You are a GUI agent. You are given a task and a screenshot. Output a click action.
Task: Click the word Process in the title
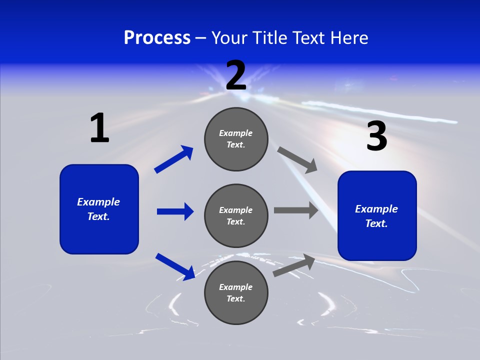click(x=157, y=37)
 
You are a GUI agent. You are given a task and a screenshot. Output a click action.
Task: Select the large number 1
click(x=99, y=128)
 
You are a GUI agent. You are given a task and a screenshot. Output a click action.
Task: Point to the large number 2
click(x=236, y=75)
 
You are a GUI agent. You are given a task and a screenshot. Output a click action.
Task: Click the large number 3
click(x=376, y=136)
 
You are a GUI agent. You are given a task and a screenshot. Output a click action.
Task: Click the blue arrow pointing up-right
click(x=174, y=159)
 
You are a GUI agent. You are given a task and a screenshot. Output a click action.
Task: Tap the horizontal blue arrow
click(x=175, y=211)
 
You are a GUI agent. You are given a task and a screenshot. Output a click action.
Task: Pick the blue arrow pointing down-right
click(x=175, y=266)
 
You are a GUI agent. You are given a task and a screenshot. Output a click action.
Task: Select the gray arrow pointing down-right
click(x=297, y=160)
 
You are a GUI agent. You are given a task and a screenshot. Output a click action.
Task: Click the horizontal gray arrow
click(x=296, y=210)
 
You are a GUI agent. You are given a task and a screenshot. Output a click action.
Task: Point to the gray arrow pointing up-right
click(x=294, y=265)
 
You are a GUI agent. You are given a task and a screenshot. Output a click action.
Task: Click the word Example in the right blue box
click(x=376, y=209)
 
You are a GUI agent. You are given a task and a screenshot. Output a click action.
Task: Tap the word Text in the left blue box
click(x=98, y=216)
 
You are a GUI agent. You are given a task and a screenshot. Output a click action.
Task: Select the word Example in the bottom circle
click(x=236, y=287)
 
